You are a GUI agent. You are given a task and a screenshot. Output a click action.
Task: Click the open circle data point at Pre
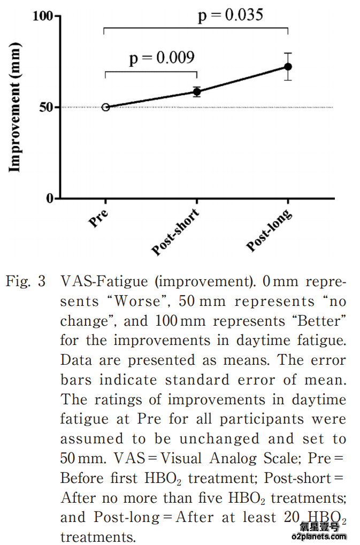[x=105, y=107]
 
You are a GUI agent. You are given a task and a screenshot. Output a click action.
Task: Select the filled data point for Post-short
[x=197, y=91]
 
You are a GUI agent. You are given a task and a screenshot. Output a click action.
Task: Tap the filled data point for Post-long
[x=288, y=67]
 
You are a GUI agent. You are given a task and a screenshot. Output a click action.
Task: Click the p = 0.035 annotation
[x=231, y=14]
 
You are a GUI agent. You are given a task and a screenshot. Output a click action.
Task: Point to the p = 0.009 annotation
[x=162, y=57]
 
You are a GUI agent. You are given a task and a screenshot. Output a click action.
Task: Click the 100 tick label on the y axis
[x=43, y=16]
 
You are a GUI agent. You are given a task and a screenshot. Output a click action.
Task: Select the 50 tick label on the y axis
[x=47, y=107]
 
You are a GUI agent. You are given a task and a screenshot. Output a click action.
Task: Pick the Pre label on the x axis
[x=99, y=218]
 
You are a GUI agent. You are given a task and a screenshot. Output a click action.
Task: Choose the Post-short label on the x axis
[x=175, y=232]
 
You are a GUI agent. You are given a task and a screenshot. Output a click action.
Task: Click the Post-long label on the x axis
[x=269, y=231]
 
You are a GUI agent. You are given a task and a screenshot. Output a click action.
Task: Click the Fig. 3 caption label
[x=25, y=282]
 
